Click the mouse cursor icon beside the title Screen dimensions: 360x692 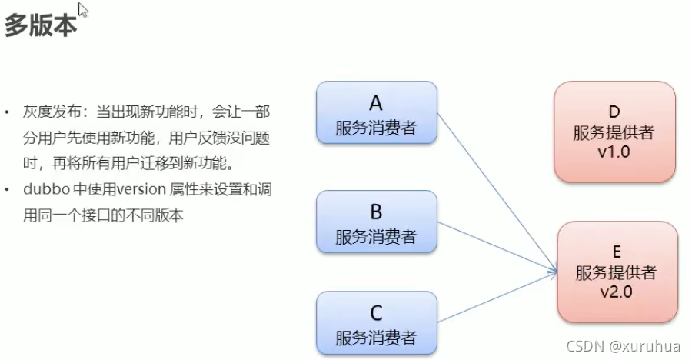(83, 10)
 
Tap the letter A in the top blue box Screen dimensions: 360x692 (376, 103)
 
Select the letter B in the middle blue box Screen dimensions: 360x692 (376, 212)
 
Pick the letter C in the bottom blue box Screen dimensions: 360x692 (376, 313)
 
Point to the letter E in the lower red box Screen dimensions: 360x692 (616, 252)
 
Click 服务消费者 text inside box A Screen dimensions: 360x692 (376, 128)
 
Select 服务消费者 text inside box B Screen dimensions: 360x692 (376, 236)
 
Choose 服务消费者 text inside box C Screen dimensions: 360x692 (376, 337)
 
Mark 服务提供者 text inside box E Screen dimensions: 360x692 (616, 272)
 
